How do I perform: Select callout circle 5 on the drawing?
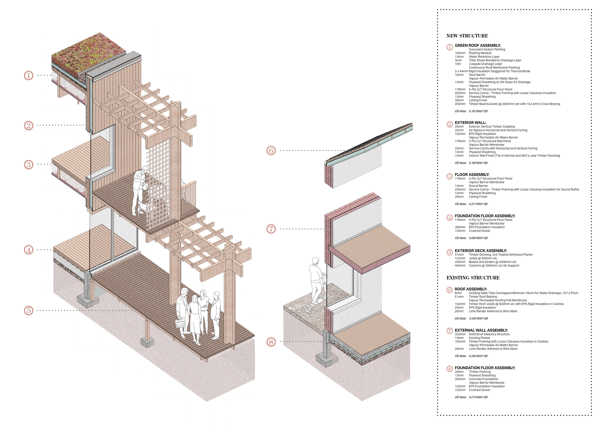(29, 311)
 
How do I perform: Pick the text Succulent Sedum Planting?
(487, 49)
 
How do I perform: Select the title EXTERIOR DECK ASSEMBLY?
(481, 251)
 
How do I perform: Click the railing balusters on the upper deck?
(189, 193)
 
